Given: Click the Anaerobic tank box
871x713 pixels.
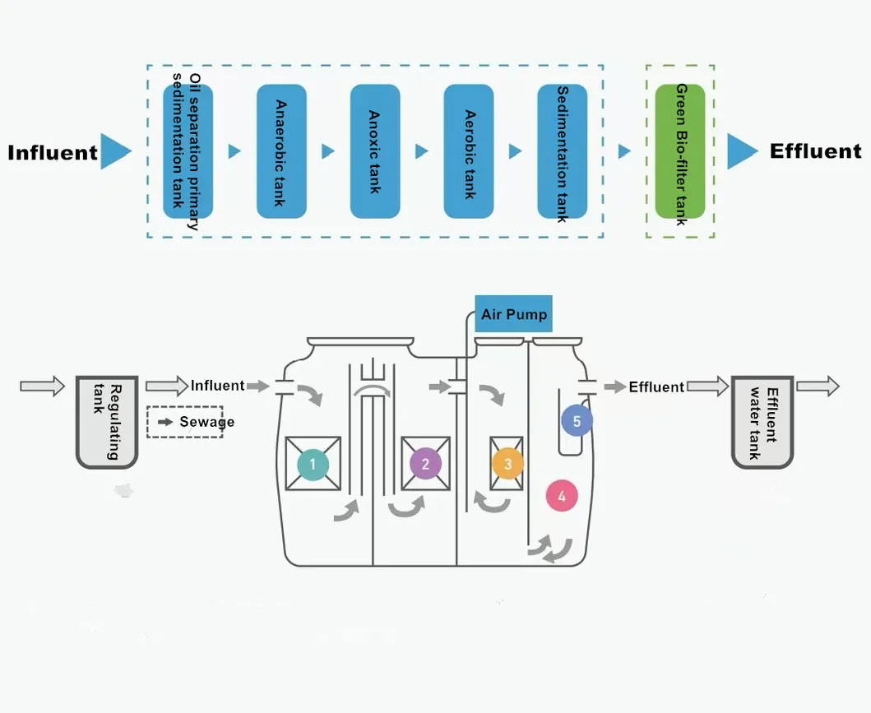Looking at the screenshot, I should pyautogui.click(x=281, y=151).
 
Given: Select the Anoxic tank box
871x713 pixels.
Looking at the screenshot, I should pyautogui.click(x=375, y=151).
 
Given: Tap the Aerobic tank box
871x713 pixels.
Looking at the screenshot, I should pyautogui.click(x=469, y=151).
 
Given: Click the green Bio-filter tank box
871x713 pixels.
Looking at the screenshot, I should pyautogui.click(x=679, y=151).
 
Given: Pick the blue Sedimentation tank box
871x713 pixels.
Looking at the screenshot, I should pyautogui.click(x=563, y=151).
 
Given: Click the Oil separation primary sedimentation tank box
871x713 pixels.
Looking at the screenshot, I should pyautogui.click(x=188, y=151).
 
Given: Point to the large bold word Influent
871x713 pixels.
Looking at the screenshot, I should pyautogui.click(x=53, y=153).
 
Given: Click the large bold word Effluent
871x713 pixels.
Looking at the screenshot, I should pyautogui.click(x=815, y=151).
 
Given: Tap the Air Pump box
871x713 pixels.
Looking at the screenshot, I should pyautogui.click(x=514, y=315).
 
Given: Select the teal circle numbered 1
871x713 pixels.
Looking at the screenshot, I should pyautogui.click(x=313, y=464).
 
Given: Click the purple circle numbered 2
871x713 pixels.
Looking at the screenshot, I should pyautogui.click(x=425, y=464).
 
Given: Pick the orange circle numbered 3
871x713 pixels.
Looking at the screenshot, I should pyautogui.click(x=507, y=464).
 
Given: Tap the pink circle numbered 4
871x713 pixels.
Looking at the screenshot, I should pyautogui.click(x=562, y=497).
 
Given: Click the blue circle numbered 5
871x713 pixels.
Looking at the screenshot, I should pyautogui.click(x=577, y=421).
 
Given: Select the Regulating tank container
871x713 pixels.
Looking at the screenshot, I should pyautogui.click(x=107, y=422).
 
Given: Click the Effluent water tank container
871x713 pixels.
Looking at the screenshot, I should pyautogui.click(x=762, y=422).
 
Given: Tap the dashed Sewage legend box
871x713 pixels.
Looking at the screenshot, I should pyautogui.click(x=185, y=422).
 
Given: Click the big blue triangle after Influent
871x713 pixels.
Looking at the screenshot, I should pyautogui.click(x=114, y=152).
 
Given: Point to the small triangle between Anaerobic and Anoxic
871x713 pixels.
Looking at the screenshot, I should pyautogui.click(x=328, y=151).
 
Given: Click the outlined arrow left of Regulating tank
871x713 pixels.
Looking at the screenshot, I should pyautogui.click(x=41, y=386).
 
